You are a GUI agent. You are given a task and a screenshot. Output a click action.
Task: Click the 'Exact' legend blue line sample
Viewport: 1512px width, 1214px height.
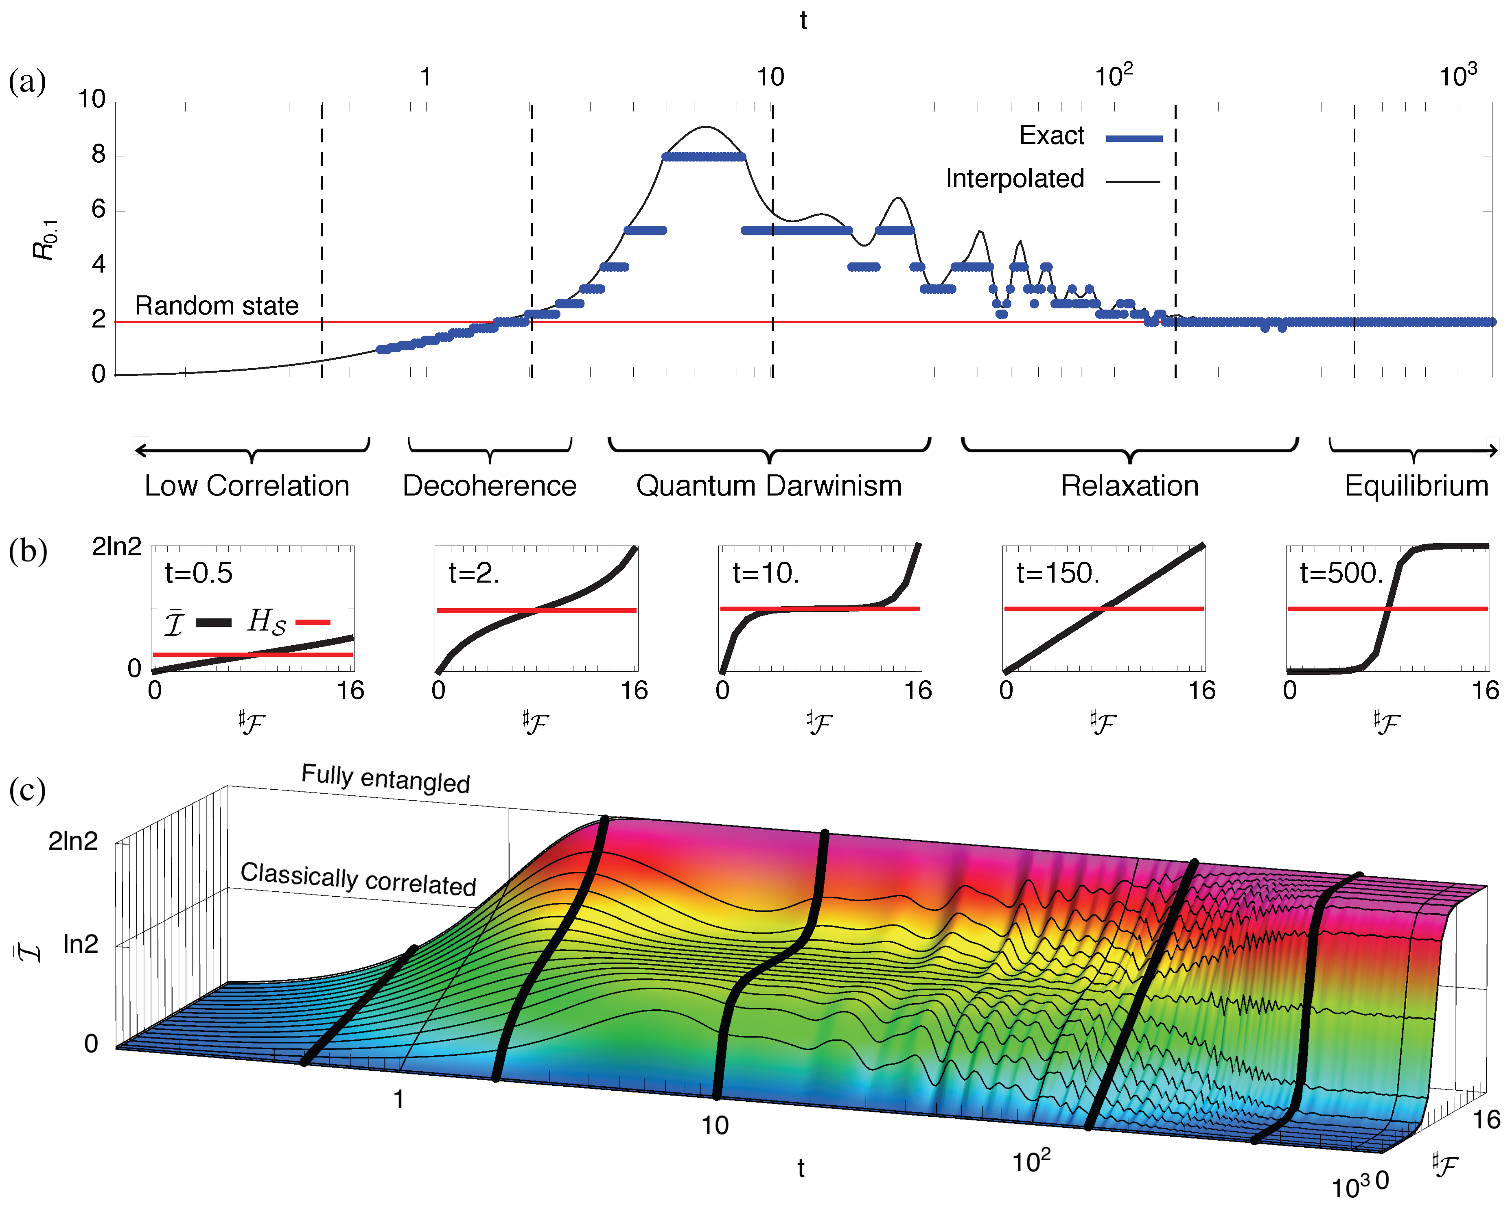1133,139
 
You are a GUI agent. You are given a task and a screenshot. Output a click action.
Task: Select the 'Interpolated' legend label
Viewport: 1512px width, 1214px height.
1014,179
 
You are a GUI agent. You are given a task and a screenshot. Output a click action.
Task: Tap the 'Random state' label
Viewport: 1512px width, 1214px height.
217,306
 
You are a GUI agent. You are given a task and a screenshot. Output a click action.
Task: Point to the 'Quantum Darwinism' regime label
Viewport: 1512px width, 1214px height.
769,486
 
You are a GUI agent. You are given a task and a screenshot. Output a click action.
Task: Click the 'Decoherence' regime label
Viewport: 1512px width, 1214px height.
490,486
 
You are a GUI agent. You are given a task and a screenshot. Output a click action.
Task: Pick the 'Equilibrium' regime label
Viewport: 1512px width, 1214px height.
1416,486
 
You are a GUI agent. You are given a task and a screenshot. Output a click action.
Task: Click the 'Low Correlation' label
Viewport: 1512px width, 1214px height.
247,486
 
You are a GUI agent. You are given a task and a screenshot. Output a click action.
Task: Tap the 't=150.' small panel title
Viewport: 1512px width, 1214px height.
1057,573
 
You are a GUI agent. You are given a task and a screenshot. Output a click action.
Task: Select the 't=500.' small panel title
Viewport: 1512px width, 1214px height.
1341,573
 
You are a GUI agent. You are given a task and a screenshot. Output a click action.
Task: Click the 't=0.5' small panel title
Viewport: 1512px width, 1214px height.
199,573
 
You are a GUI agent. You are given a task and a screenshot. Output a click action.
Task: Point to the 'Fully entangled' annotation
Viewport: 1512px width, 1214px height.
386,778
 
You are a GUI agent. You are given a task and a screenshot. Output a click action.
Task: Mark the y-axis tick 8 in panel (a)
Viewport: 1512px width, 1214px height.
99,155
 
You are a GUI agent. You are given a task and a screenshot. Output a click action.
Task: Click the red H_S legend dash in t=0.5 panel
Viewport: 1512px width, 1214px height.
313,622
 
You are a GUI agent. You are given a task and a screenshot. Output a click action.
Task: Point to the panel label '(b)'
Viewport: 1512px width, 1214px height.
27,551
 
